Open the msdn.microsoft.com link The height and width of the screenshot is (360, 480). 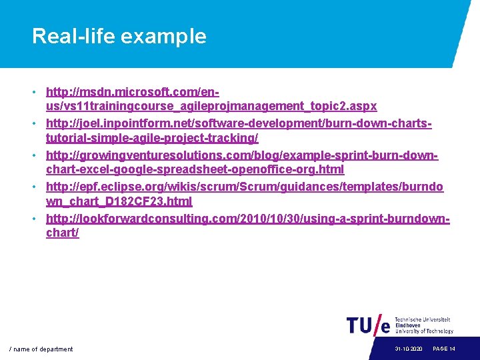[133, 91]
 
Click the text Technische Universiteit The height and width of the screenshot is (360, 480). [423, 320]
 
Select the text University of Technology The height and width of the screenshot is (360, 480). [424, 331]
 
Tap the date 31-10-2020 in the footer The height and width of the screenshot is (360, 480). [408, 349]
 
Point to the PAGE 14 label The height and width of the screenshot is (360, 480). [444, 349]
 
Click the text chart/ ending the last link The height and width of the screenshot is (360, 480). [62, 233]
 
